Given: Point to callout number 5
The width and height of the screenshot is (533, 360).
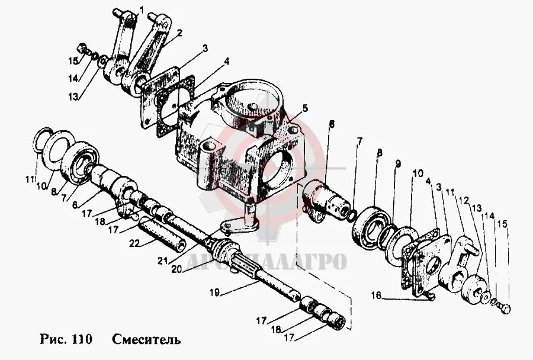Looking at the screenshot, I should (x=304, y=108).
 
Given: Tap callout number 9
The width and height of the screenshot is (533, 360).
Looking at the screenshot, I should (x=398, y=163).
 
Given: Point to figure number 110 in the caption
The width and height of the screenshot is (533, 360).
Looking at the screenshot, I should (x=80, y=340).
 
